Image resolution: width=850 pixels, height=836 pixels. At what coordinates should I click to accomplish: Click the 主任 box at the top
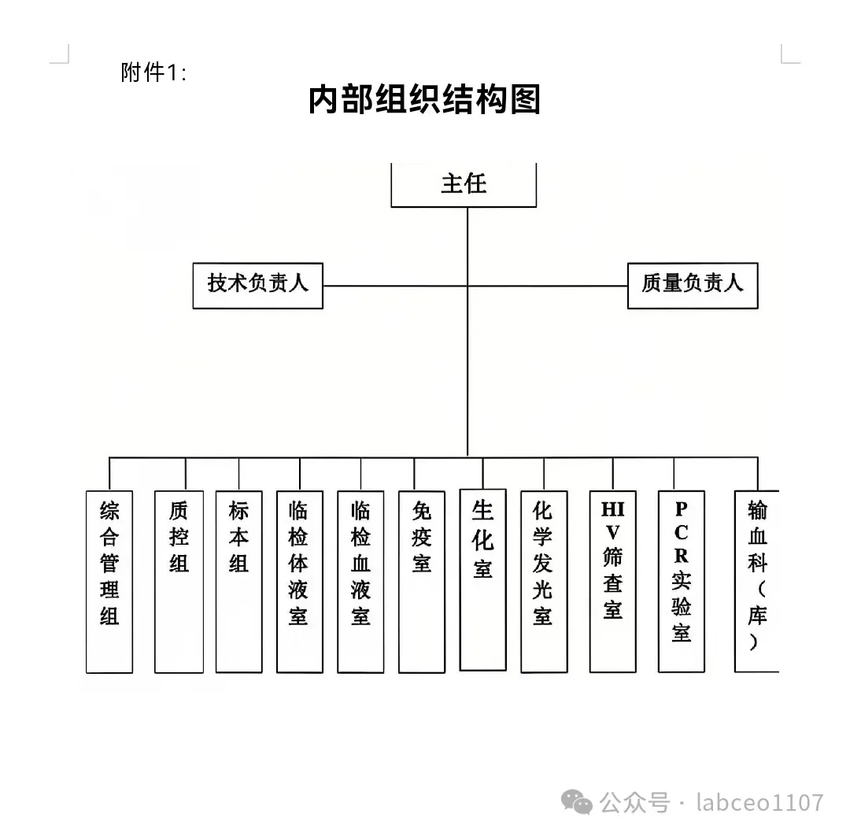tap(464, 184)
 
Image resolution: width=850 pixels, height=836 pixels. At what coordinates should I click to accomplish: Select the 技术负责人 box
tap(258, 285)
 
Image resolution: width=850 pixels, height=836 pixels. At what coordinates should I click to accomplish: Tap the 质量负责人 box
tap(693, 285)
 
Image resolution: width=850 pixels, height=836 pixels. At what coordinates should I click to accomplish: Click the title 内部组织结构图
tap(424, 100)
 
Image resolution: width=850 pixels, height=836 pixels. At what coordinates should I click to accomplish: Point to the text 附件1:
tap(154, 73)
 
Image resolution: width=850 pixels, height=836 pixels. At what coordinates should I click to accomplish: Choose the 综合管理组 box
tap(109, 582)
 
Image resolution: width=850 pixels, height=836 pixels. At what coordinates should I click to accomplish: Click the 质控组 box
tap(179, 582)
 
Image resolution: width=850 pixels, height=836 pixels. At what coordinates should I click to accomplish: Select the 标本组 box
tap(239, 582)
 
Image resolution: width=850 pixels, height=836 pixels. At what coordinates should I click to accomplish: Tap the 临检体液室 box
tap(300, 582)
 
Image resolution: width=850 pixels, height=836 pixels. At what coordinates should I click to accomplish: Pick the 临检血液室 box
tap(360, 582)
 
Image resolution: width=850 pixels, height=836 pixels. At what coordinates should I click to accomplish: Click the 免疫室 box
tap(422, 582)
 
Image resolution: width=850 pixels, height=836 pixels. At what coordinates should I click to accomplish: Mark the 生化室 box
tap(482, 580)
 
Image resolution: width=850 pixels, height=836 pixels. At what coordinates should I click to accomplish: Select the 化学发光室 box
tap(544, 582)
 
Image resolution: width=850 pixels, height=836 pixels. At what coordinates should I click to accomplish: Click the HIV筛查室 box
tap(612, 582)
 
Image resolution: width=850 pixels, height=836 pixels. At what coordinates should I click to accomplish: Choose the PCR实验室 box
tap(681, 582)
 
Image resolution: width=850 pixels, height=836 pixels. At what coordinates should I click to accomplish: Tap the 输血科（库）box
tap(756, 582)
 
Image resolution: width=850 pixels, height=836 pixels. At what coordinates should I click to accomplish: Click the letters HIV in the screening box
tap(612, 520)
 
